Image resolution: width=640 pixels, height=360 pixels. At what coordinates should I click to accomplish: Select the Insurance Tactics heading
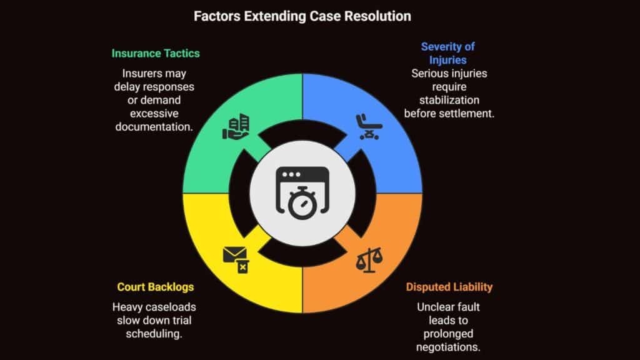[x=156, y=53]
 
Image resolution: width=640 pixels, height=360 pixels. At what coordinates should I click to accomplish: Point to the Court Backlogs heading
[x=155, y=287]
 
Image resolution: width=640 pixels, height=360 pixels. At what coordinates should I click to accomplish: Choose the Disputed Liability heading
[x=449, y=287]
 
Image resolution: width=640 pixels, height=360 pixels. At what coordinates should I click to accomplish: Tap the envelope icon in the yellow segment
[x=235, y=257]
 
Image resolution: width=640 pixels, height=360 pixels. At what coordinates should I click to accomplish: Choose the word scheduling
[x=156, y=334]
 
